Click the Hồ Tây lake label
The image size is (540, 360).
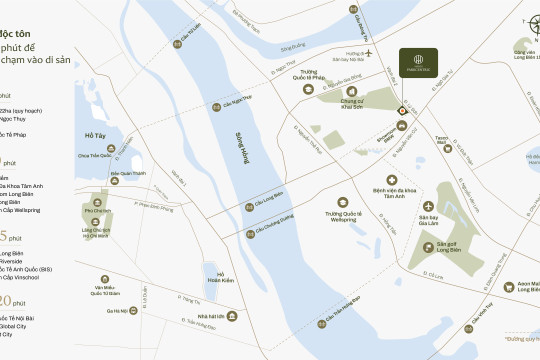[x=96, y=135]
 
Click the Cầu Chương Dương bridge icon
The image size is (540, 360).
[x=250, y=233]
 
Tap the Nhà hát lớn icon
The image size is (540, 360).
[x=233, y=316]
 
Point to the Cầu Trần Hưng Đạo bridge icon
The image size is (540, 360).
[x=322, y=322]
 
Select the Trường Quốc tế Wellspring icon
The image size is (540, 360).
[x=345, y=203]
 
